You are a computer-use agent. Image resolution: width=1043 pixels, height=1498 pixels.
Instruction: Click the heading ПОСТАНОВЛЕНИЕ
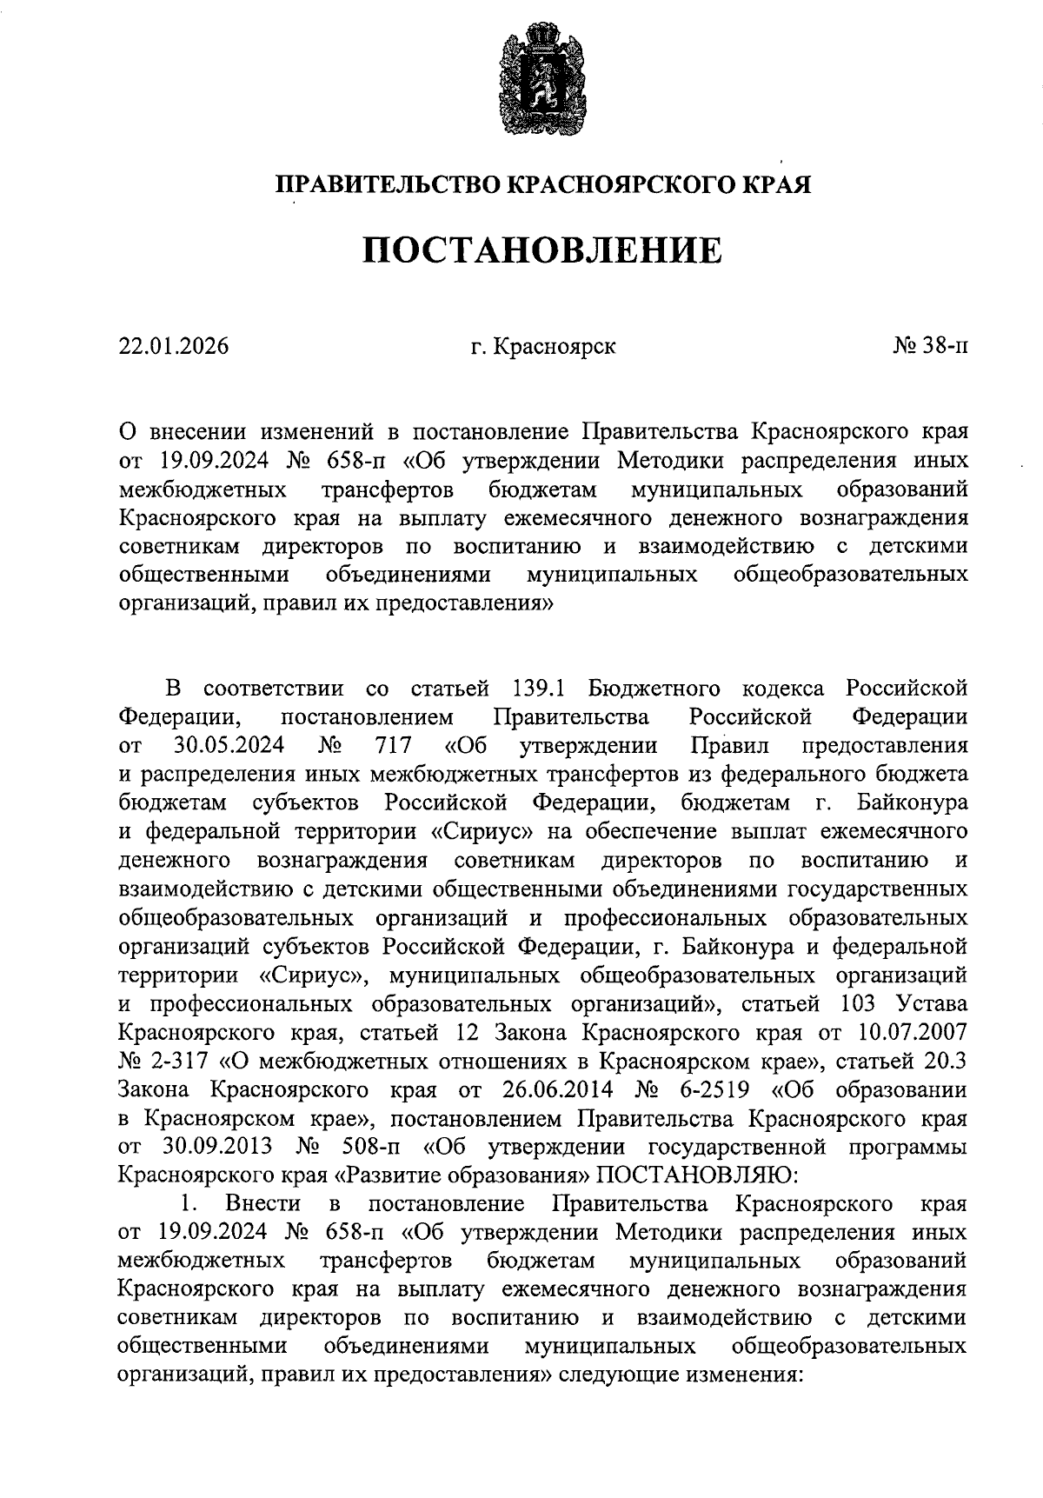click(x=541, y=252)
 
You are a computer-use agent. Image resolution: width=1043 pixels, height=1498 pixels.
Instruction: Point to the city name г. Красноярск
click(x=542, y=346)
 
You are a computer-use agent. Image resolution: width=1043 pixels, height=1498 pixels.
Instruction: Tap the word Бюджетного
click(x=654, y=689)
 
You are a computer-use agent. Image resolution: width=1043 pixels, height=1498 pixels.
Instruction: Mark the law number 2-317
click(x=183, y=1061)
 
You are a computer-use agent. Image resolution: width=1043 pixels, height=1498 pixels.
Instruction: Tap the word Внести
click(x=263, y=1204)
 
